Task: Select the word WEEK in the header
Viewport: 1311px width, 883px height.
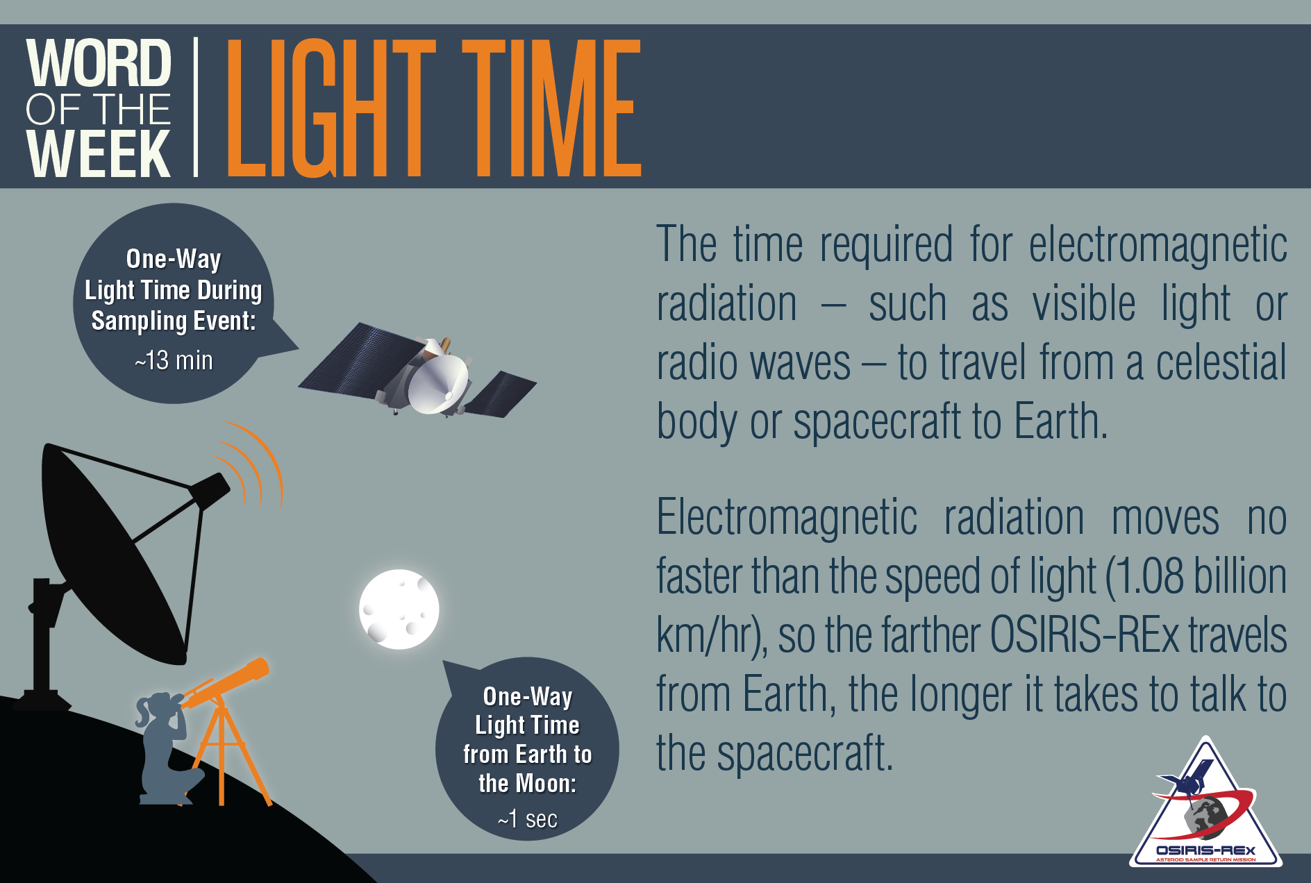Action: pos(99,153)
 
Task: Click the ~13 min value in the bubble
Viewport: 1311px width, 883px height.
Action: pos(174,360)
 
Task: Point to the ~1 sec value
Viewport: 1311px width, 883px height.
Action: pos(528,819)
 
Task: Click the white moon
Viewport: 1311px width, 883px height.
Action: pos(399,609)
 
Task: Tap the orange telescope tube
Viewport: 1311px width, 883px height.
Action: pos(226,683)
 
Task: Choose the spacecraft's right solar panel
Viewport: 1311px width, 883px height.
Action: pos(501,394)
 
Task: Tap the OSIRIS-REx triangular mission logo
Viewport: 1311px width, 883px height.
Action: pos(1205,809)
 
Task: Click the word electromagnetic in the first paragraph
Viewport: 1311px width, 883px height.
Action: pos(1158,244)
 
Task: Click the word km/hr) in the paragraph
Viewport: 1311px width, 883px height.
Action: pos(712,637)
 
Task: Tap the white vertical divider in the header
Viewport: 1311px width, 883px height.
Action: pos(196,107)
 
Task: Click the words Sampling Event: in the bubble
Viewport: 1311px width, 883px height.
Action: pos(174,321)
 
